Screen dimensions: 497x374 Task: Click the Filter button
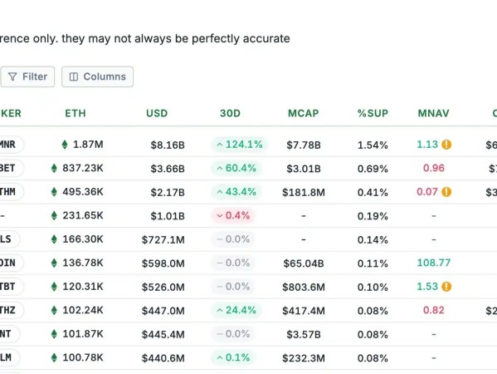pos(27,76)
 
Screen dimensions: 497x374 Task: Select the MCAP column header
pos(304,113)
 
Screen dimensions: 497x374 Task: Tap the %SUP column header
pos(373,113)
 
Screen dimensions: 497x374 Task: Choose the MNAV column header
pos(434,113)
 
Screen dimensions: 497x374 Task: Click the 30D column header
pos(230,113)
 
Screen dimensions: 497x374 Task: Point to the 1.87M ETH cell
pos(82,145)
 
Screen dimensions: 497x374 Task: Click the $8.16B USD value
pos(168,145)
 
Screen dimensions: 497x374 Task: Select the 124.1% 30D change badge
pos(239,145)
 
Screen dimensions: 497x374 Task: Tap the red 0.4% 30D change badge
pos(233,215)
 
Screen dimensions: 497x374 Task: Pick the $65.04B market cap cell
pos(304,263)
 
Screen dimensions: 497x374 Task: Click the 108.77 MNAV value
pos(434,263)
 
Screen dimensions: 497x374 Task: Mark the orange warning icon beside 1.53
pos(446,287)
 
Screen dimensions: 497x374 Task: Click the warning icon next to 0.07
pos(446,192)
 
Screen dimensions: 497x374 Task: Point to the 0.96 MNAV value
pos(434,168)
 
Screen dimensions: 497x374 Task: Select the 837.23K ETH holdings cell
pos(77,168)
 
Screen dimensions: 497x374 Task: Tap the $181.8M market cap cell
pos(304,192)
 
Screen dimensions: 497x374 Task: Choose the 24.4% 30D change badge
pos(236,310)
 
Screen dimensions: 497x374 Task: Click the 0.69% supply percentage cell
pos(373,169)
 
